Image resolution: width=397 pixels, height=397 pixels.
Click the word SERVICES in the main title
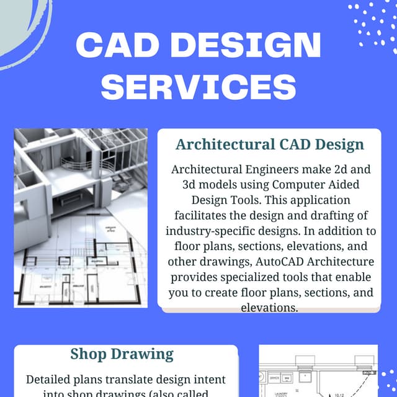pyautogui.click(x=198, y=86)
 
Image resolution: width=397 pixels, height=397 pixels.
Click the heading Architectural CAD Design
pyautogui.click(x=269, y=145)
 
